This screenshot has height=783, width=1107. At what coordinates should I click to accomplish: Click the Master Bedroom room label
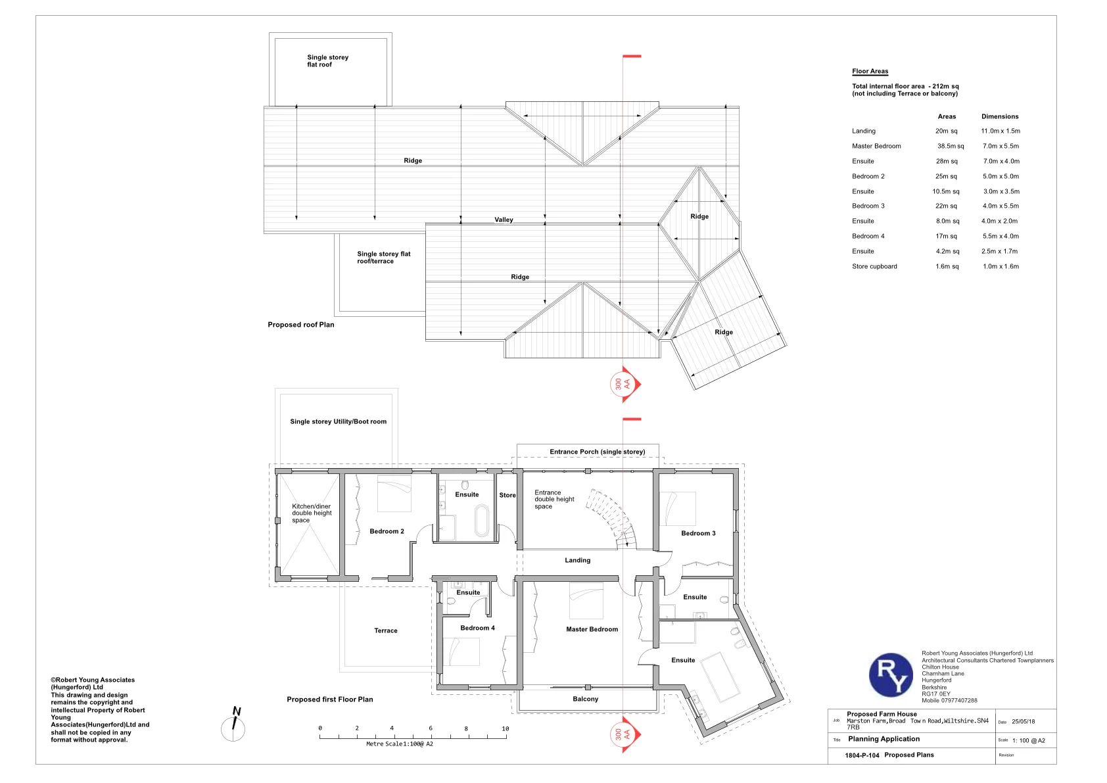pos(592,629)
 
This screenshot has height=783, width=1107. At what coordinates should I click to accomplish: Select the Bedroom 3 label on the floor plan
pos(698,533)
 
